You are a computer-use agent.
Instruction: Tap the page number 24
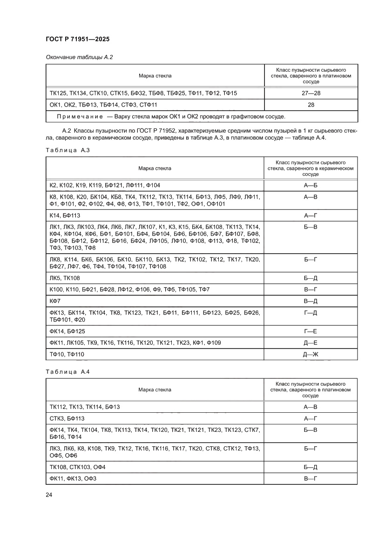[x=49, y=495]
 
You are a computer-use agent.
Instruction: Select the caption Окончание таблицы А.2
[x=79, y=57]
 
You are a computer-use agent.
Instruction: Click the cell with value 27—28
[x=311, y=94]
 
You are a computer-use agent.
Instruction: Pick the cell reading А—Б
[x=311, y=185]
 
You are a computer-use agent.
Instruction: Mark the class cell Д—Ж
[x=311, y=355]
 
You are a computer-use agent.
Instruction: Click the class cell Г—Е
[x=311, y=331]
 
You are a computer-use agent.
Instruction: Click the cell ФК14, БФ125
[x=69, y=331]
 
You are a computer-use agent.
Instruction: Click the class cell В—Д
[x=311, y=302]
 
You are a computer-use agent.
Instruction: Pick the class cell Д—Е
[x=311, y=343]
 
